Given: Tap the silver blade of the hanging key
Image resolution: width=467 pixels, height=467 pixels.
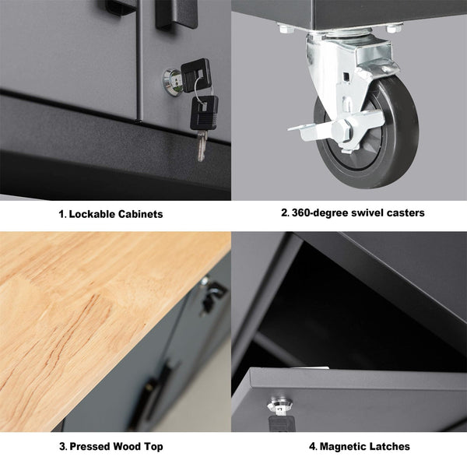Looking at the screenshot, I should pos(202,145).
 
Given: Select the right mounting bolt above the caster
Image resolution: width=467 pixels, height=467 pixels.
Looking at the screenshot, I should pos(392,29).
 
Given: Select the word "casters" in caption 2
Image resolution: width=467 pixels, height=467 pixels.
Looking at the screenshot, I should pos(401,212).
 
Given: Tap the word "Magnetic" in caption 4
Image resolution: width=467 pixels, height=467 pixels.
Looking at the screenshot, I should pos(344,447).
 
